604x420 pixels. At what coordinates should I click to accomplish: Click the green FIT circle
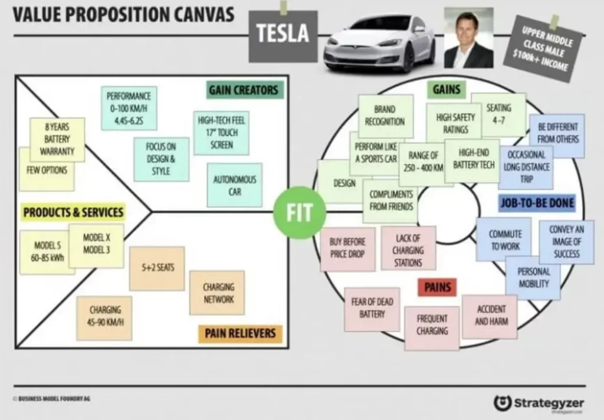pos(300,212)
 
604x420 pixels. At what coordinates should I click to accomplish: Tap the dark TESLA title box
pos(283,34)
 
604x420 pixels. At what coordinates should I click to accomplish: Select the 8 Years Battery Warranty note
pos(57,139)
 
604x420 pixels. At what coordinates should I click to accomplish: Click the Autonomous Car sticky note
pos(235,185)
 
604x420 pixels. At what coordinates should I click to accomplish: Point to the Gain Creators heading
pos(242,90)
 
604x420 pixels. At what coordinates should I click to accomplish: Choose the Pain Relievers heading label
pos(239,334)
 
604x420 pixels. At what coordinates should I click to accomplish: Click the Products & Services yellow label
pos(73,212)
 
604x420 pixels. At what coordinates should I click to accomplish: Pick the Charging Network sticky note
pos(218,293)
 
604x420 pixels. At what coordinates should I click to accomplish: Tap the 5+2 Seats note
pos(157,268)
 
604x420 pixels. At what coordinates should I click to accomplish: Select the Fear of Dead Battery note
pos(372,309)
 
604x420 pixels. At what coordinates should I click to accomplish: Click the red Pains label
pos(437,287)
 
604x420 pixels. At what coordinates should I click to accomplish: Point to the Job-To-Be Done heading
pos(536,204)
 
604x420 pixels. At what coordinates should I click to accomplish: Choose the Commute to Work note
pos(505,240)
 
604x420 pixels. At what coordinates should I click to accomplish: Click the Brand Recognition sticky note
pos(385,116)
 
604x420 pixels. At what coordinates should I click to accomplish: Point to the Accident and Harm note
pos(490,316)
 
